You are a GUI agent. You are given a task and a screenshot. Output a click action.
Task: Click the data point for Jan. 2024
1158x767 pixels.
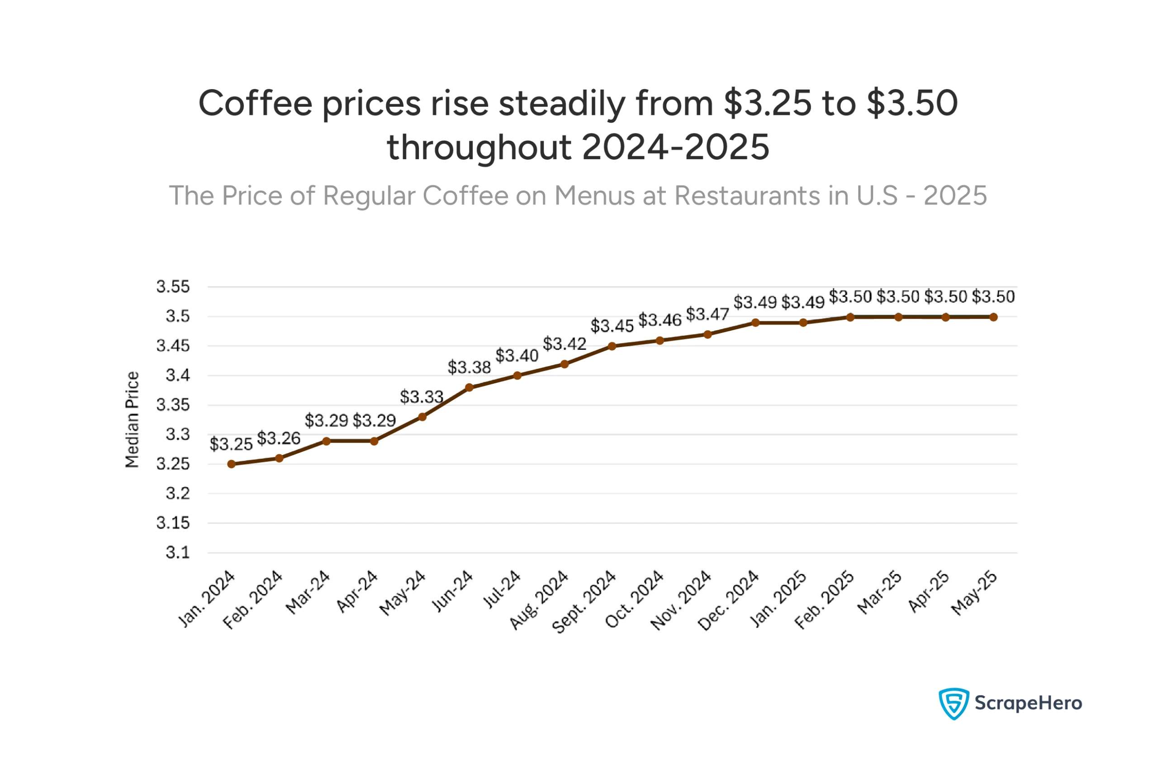231,464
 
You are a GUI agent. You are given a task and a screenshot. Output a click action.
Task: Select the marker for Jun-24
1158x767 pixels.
470,387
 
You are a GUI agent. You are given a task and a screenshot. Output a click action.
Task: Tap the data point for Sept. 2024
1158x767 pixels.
612,346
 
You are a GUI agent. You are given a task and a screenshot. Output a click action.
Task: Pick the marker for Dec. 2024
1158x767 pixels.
755,323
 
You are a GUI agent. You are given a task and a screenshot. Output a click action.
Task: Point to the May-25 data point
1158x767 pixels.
993,317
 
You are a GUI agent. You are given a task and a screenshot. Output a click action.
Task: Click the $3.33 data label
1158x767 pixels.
422,397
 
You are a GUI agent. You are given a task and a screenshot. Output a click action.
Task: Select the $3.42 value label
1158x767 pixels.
565,344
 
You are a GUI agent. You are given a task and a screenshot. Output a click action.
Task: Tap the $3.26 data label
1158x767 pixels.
279,438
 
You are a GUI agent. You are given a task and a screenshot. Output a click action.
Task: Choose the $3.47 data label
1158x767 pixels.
707,314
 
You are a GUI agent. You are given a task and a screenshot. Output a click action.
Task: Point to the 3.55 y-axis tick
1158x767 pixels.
173,286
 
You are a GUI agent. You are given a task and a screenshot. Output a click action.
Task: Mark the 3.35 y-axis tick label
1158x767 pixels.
173,405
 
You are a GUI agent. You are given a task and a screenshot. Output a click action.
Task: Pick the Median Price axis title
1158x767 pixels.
132,419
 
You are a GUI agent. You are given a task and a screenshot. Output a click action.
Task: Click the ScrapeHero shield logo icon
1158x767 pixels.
953,703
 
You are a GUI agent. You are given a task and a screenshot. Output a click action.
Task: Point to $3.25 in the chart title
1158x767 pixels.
767,103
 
